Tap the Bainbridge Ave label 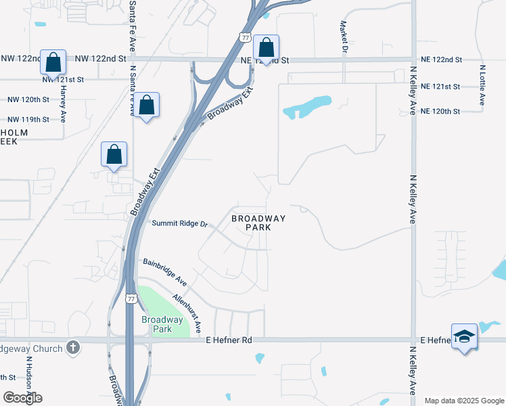coord(164,271)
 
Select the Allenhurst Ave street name coord(187,312)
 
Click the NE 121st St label coord(440,87)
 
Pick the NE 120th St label coord(440,111)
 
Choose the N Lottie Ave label coord(483,85)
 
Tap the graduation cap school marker coord(465,336)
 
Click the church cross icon coord(74,348)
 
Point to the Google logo coord(22,398)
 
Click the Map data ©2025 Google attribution coord(463,401)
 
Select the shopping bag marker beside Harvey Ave coord(53,62)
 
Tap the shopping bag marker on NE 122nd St coord(267,48)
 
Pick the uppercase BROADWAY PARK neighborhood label coord(258,223)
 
